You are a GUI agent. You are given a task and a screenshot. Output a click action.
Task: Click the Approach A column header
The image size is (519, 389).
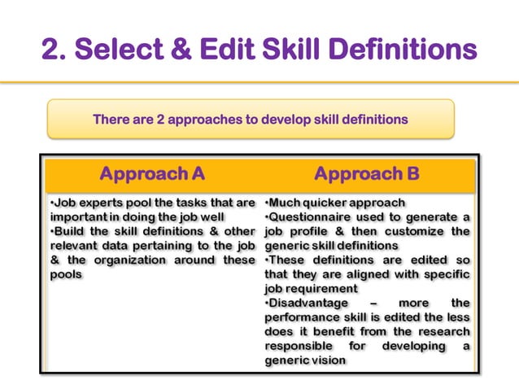click(x=151, y=174)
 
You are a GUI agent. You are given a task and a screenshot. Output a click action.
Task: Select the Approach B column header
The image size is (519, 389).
click(x=367, y=174)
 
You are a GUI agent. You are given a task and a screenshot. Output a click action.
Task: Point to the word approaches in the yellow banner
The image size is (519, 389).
click(x=204, y=119)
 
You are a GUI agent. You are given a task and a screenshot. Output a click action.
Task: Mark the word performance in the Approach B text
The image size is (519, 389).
click(x=302, y=317)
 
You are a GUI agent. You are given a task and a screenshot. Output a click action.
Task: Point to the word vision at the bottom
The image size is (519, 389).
click(x=329, y=360)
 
